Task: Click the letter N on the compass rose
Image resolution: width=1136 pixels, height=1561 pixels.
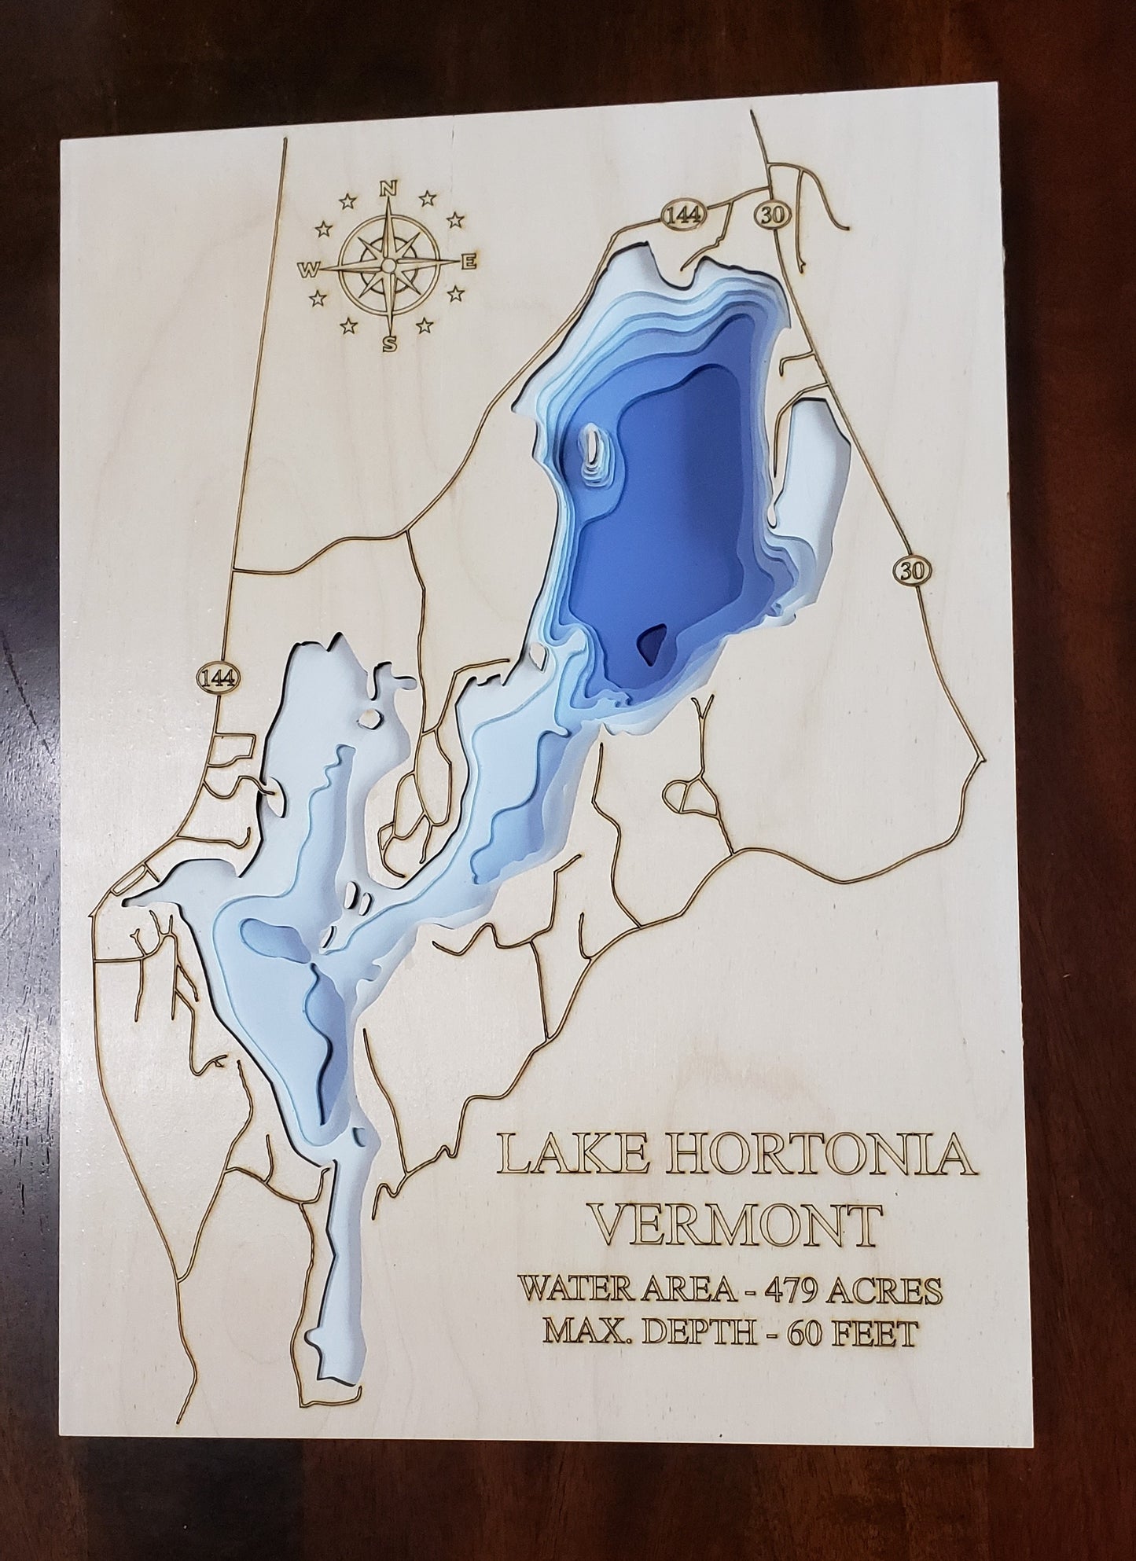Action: coord(387,189)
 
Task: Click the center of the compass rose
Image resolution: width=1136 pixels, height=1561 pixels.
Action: coord(388,267)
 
